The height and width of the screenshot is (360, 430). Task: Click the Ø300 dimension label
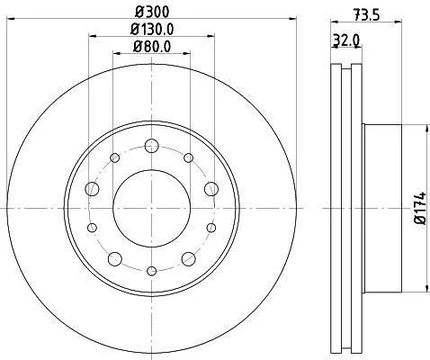(152, 12)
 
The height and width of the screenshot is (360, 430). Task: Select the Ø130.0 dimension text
(152, 29)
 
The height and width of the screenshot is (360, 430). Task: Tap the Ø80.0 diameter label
(152, 47)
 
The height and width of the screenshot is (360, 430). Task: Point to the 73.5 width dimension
(366, 14)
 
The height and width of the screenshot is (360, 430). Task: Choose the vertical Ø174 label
(420, 208)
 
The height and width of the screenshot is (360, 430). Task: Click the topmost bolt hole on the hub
(152, 146)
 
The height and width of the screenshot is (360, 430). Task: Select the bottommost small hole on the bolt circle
(152, 271)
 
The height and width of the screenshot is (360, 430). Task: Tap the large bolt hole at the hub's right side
(211, 189)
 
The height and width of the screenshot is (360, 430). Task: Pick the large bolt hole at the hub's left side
(92, 189)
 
